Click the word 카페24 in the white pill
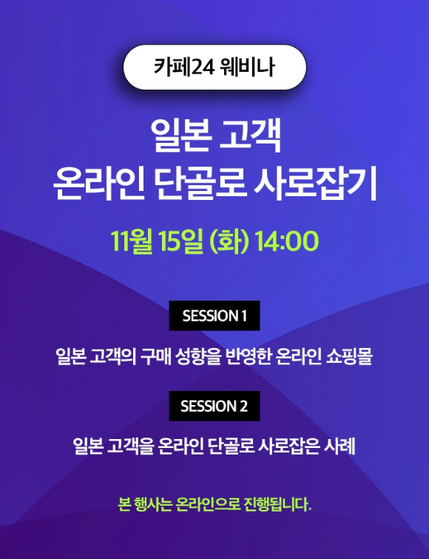point(183,67)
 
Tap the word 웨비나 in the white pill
point(248,67)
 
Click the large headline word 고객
point(250,135)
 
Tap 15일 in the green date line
point(181,241)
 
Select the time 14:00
point(286,241)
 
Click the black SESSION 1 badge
point(214,315)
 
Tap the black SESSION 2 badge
point(214,406)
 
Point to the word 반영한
point(249,356)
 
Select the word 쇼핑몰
point(349,356)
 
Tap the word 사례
point(340,446)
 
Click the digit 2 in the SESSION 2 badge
point(243,406)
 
